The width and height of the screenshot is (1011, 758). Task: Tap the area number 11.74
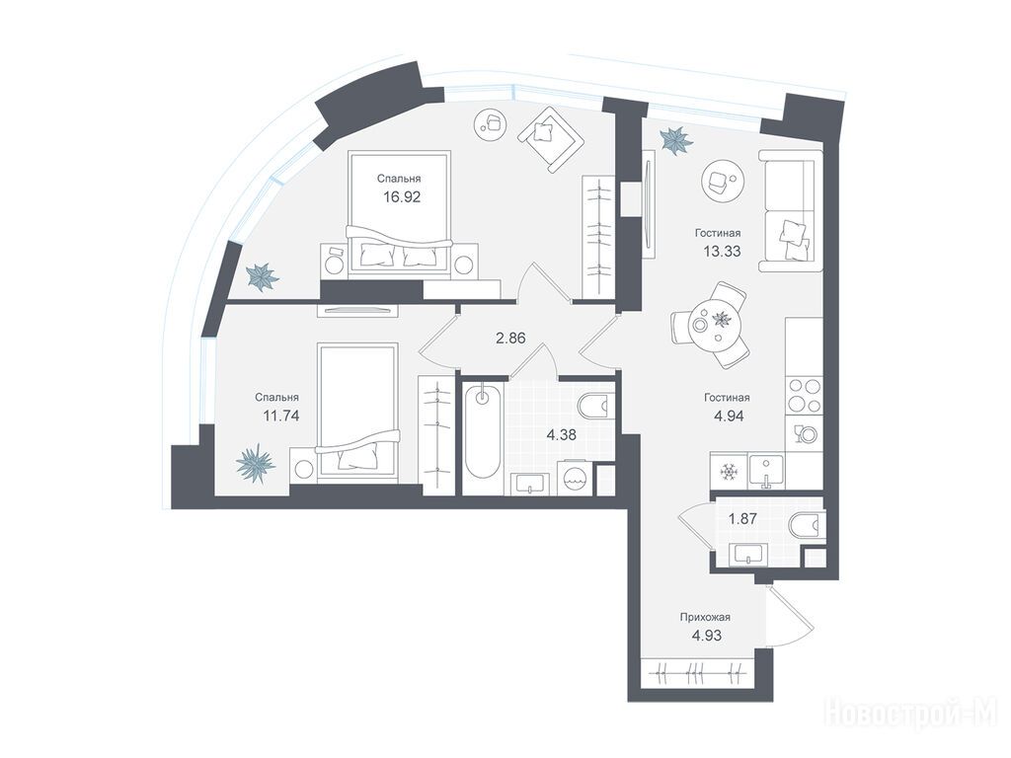click(x=280, y=416)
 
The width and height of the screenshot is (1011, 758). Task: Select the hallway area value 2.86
click(x=510, y=338)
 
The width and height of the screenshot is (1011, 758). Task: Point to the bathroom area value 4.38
click(x=561, y=435)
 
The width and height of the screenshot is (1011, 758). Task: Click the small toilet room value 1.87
click(x=741, y=517)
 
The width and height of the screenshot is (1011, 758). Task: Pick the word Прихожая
click(x=705, y=618)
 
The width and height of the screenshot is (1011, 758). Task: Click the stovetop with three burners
click(x=804, y=396)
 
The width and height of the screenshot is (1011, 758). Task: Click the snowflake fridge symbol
click(x=729, y=472)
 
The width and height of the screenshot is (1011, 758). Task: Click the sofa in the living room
click(x=791, y=211)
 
